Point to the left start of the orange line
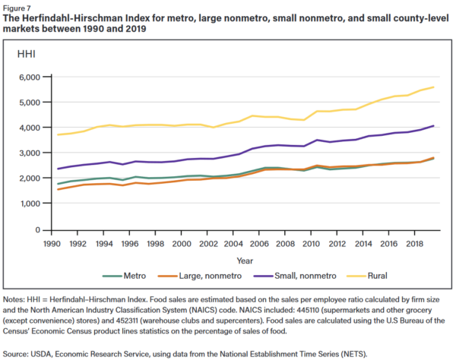pos(57,189)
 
